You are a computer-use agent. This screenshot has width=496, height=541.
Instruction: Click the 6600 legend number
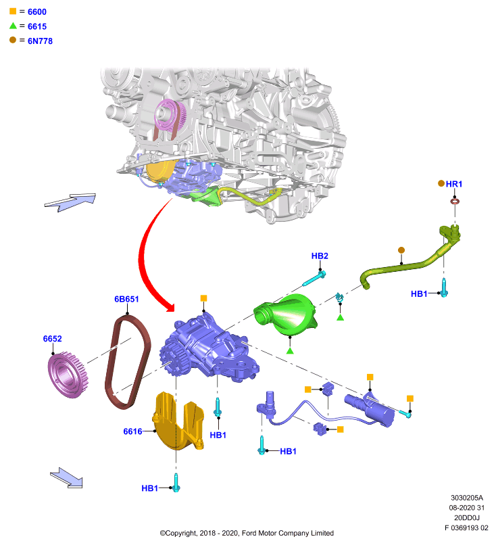click(37, 11)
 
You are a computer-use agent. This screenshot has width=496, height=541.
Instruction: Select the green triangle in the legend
click(13, 26)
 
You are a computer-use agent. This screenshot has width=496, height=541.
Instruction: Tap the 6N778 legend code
click(40, 41)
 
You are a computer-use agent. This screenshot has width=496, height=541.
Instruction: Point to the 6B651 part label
click(126, 299)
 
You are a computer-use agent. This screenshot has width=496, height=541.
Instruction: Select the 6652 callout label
click(53, 339)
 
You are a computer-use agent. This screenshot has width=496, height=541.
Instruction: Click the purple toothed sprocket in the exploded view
click(68, 375)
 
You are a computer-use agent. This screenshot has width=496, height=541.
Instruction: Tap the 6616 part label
click(132, 431)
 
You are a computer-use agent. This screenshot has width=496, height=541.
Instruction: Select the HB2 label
click(320, 256)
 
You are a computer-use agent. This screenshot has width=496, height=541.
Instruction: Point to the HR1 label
click(454, 184)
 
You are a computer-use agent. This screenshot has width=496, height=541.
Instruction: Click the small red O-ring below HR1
click(455, 201)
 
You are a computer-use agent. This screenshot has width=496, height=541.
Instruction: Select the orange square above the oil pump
click(203, 298)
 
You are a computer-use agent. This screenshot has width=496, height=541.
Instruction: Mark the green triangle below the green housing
click(290, 351)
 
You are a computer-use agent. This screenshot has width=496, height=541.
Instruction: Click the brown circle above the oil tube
click(401, 250)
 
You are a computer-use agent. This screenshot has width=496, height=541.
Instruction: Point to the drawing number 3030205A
click(467, 498)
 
